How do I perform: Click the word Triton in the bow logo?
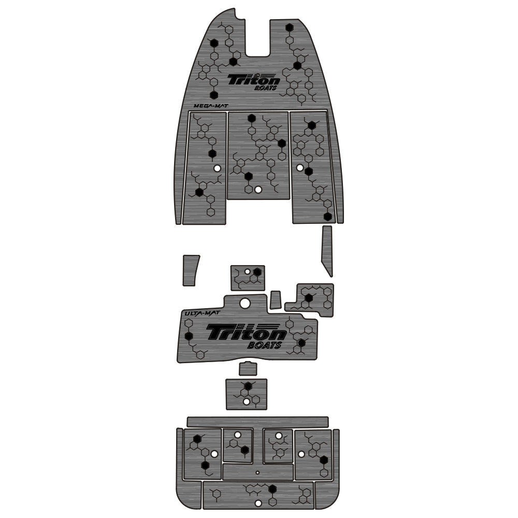tap(254, 80)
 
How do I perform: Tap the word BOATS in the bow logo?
tap(266, 89)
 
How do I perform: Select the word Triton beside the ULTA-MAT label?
tap(246, 332)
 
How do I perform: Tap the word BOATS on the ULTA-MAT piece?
tap(264, 346)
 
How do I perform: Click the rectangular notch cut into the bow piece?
tap(257, 39)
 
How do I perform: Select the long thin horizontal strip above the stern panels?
tap(257, 422)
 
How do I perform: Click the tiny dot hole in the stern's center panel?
tap(257, 472)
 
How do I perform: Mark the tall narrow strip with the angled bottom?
tap(326, 250)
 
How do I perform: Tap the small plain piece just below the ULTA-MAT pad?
tap(248, 369)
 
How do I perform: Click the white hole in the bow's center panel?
tap(258, 190)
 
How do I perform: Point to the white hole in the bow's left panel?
tap(217, 169)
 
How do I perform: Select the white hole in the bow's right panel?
tap(300, 168)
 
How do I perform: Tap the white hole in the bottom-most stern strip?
tap(257, 503)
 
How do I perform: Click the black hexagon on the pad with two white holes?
tap(248, 386)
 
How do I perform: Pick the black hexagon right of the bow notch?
tap(290, 28)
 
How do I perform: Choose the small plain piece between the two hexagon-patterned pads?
tap(276, 299)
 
